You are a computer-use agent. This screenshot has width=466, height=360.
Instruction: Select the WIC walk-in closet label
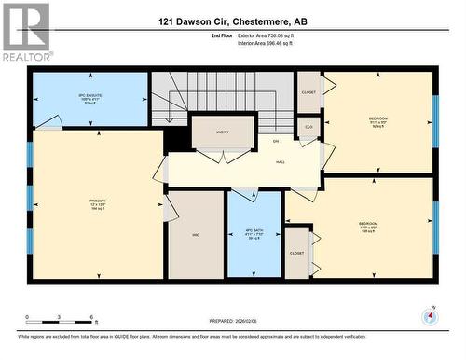point(196,235)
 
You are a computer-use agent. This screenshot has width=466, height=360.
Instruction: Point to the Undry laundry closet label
point(223,132)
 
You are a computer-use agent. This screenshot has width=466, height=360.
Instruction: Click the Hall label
point(280,162)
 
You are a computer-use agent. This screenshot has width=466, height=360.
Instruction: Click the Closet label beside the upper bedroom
point(308,92)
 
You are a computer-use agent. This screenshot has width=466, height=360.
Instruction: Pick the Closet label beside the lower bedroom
point(298,252)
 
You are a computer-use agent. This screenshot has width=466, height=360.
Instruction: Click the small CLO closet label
point(308,127)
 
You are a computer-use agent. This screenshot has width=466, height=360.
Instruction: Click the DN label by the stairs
point(276,141)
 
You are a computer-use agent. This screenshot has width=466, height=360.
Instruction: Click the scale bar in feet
point(59,323)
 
